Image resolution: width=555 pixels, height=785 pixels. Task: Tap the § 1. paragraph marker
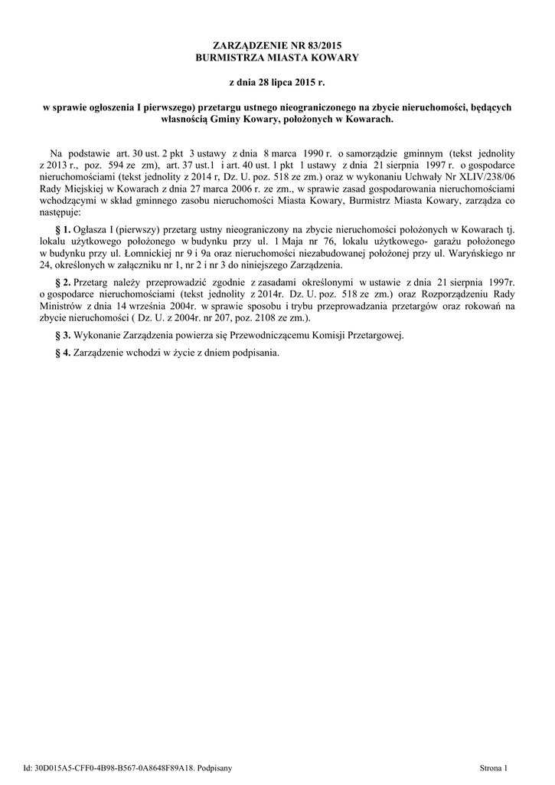coord(64,229)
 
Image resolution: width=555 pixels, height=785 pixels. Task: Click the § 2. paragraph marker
coord(64,282)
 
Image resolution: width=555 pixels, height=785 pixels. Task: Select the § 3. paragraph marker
coord(64,335)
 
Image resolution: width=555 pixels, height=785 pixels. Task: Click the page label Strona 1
coord(495,767)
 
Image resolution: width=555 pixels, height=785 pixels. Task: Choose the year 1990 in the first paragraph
coord(315,153)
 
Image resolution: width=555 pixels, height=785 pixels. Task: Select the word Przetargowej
coord(376,335)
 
